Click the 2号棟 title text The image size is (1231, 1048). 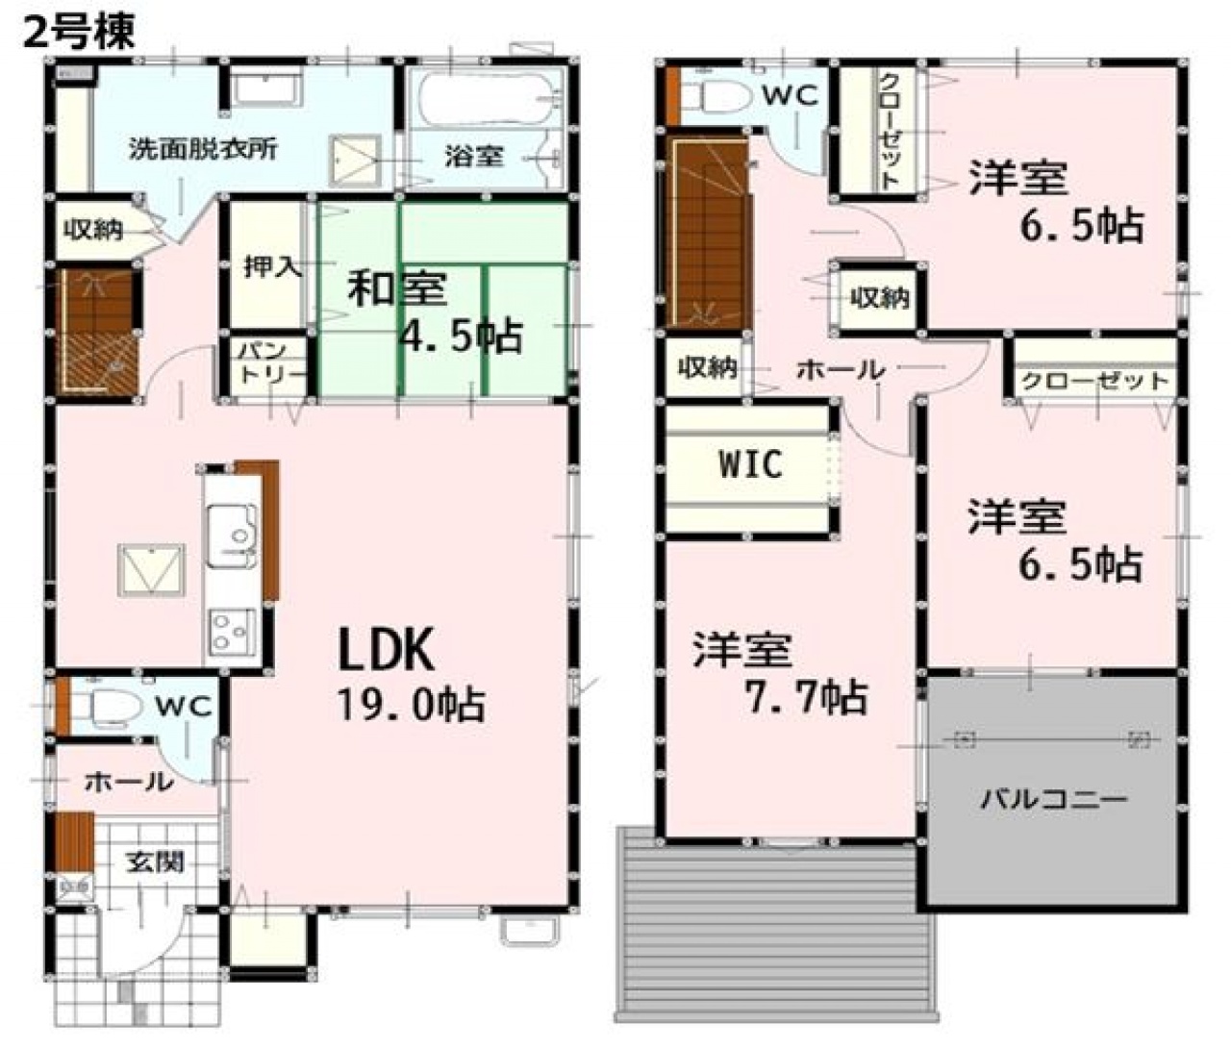(79, 31)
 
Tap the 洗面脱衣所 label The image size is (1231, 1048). (204, 149)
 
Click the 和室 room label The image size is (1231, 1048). (397, 287)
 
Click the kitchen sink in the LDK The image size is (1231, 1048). (233, 536)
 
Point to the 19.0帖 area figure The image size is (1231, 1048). (412, 706)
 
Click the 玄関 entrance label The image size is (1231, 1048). (155, 861)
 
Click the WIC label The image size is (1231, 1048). (750, 464)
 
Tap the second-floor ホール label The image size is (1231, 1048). (841, 370)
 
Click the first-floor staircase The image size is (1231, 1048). (96, 331)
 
